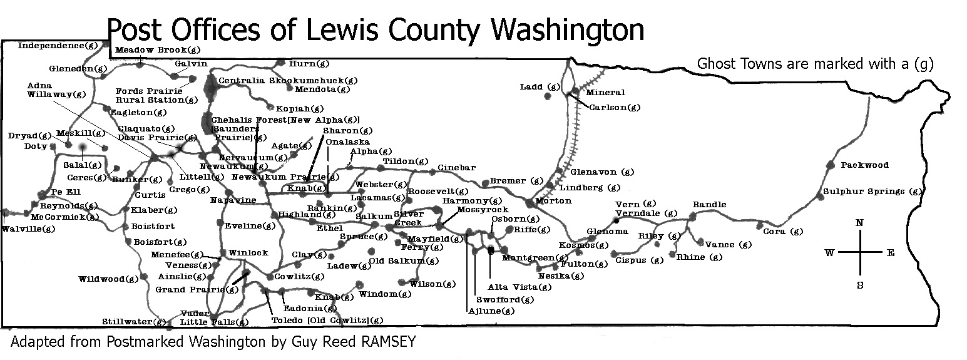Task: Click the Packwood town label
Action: [864, 165]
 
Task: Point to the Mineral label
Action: [605, 93]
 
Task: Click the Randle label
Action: [709, 205]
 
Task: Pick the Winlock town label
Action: [248, 253]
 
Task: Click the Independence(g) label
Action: [59, 45]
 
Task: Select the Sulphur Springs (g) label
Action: [872, 192]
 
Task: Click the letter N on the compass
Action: [860, 224]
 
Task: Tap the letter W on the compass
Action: [830, 253]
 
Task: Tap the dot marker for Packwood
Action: [831, 165]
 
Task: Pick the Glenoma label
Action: [606, 232]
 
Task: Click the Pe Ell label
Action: [65, 192]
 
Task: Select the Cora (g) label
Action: [782, 232]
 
